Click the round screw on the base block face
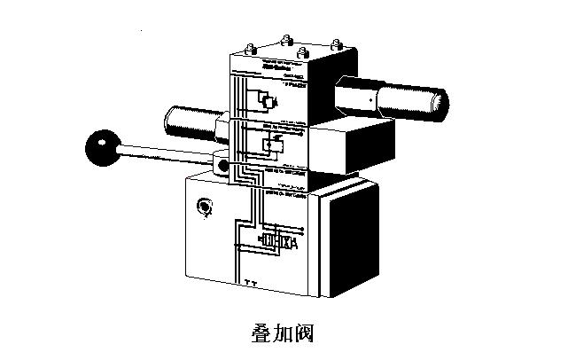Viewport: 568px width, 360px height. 205,208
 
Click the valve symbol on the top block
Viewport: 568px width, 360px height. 265,99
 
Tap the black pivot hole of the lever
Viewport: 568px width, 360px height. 224,166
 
